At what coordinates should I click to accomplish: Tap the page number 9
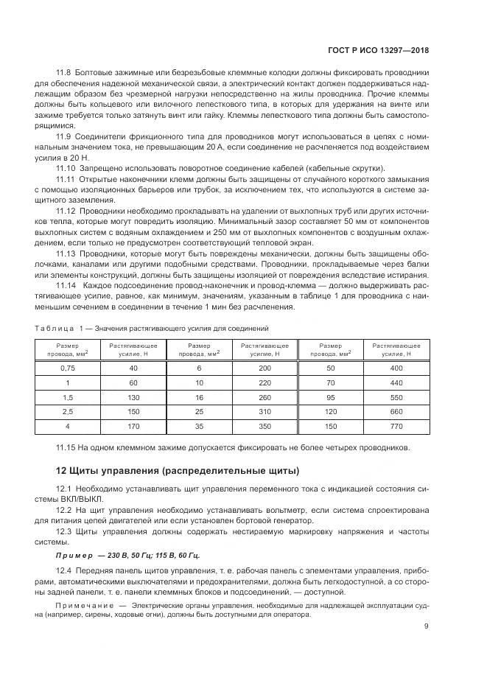pyautogui.click(x=426, y=626)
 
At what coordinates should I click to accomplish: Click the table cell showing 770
pyautogui.click(x=396, y=425)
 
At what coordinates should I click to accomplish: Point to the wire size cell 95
pyautogui.click(x=330, y=396)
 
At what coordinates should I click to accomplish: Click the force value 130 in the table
pyautogui.click(x=133, y=396)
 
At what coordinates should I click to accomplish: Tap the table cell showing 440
pyautogui.click(x=396, y=382)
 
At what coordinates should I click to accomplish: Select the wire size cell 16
pyautogui.click(x=199, y=396)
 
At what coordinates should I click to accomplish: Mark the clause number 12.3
pyautogui.click(x=64, y=531)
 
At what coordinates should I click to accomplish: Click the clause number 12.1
pyautogui.click(x=64, y=489)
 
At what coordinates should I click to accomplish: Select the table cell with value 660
pyautogui.click(x=396, y=410)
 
